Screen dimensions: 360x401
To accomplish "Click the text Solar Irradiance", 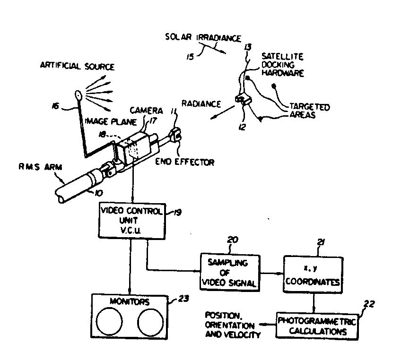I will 203,38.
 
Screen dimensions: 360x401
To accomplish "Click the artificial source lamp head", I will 78,96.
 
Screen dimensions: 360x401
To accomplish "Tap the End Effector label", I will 185,162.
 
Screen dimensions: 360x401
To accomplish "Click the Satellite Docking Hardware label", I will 282,65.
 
